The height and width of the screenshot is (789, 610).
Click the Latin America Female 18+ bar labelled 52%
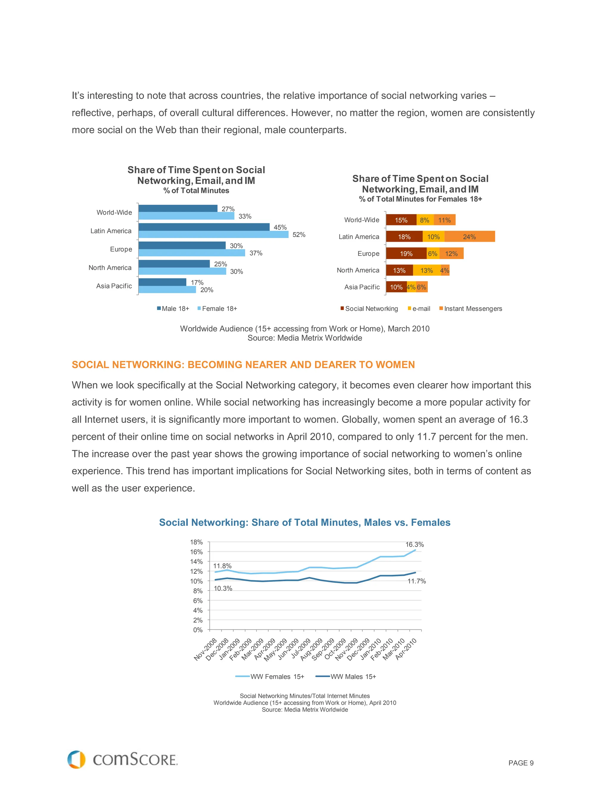point(213,234)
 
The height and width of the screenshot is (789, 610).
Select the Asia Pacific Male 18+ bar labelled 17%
point(162,282)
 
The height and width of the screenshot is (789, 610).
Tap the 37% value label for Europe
point(256,253)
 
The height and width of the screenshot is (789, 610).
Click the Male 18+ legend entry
point(173,308)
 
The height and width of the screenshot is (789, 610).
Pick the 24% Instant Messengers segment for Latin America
point(469,237)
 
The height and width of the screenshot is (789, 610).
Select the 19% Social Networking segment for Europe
point(406,254)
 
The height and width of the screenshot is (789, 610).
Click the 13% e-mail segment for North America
point(427,270)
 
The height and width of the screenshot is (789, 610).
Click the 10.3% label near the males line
point(223,589)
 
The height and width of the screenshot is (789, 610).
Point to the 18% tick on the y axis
point(196,542)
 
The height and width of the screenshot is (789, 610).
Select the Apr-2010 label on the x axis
point(406,649)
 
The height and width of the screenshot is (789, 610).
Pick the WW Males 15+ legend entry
point(346,677)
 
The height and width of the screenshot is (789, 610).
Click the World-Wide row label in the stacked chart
point(361,220)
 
